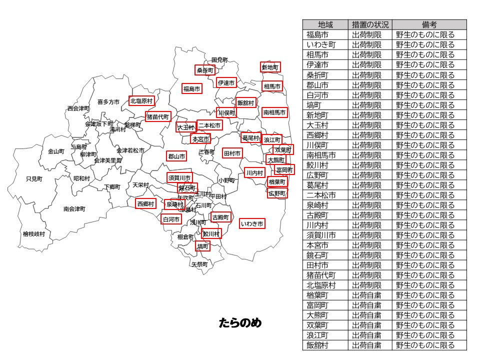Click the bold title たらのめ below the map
tap(240, 323)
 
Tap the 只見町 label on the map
tap(34, 178)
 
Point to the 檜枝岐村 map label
tap(33, 233)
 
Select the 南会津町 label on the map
tap(74, 208)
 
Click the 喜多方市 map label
tap(108, 101)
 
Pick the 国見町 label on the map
tap(219, 60)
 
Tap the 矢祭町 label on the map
tap(199, 264)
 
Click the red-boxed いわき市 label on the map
tap(252, 223)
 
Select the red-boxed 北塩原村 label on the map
tap(141, 100)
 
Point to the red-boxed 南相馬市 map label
tap(275, 112)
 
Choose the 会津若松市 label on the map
tap(130, 150)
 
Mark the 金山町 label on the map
tap(56, 151)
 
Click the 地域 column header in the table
tap(325, 24)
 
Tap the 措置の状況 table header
tap(370, 24)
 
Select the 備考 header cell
tap(429, 24)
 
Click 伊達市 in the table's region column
tap(317, 65)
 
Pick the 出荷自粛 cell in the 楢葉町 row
tap(366, 295)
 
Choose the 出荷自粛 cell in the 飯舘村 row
tap(366, 345)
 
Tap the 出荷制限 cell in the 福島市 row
tap(366, 35)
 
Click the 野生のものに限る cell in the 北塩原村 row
tap(425, 285)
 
